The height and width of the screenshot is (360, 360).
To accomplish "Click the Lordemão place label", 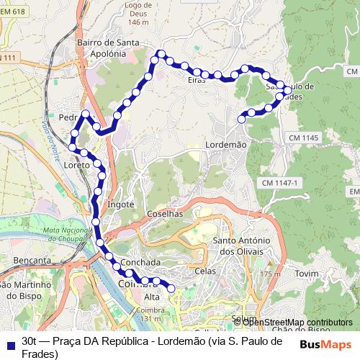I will pos(226,144).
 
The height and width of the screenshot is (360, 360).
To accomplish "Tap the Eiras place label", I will pos(197,80).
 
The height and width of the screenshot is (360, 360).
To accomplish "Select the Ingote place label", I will pos(121,204).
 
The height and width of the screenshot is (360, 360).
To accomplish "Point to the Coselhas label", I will pos(166,214).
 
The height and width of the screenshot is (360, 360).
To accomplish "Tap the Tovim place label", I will pos(306,274).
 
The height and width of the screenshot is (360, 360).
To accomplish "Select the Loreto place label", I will pos(76,165).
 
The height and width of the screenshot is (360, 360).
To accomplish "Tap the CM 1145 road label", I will pos(302,137).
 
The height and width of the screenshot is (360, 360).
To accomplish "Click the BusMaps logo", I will pos(325,343).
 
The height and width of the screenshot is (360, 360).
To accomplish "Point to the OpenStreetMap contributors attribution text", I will pos(297,322).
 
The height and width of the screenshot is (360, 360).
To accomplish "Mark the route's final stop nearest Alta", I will pos(171,289).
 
